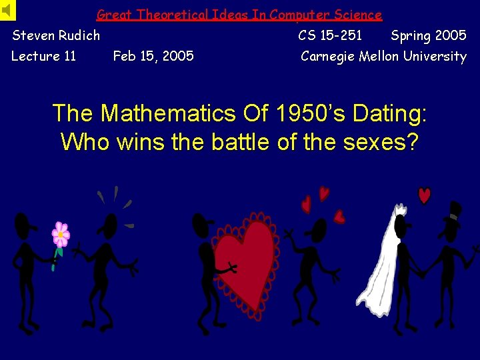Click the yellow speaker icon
(7, 10)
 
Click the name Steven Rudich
(56, 35)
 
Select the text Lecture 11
(44, 56)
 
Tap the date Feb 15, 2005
(153, 56)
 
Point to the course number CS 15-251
(330, 35)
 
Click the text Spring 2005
(428, 35)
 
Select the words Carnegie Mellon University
(383, 56)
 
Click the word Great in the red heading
(115, 15)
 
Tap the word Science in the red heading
(358, 15)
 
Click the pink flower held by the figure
(61, 235)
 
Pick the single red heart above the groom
(424, 195)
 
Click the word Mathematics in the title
(167, 113)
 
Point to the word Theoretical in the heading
(175, 15)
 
